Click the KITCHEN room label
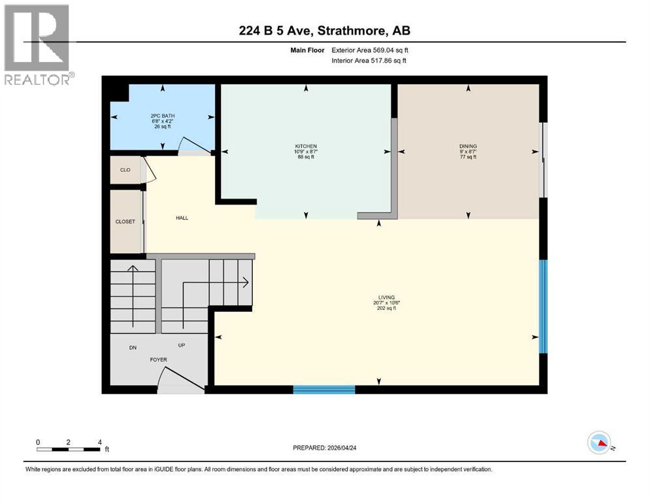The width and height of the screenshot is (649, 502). [305, 146]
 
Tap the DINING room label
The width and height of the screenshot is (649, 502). [468, 146]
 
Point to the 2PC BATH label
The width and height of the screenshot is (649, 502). [162, 116]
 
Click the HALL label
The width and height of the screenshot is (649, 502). [182, 218]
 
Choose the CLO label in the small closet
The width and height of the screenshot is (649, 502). [125, 170]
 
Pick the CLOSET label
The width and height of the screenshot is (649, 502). [125, 222]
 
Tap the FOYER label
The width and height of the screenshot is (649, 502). [159, 360]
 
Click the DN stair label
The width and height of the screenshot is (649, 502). [132, 348]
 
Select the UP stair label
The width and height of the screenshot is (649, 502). [182, 345]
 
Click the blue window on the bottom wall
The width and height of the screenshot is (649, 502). [324, 390]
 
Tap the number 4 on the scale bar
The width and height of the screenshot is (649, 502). [99, 441]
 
